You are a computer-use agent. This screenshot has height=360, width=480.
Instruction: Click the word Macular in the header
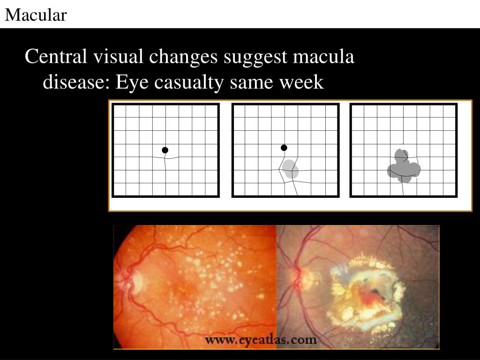36,15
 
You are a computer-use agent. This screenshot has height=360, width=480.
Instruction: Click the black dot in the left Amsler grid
165,150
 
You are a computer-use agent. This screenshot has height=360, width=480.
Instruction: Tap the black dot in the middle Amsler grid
284,148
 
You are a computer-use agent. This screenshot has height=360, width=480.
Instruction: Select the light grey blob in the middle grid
290,169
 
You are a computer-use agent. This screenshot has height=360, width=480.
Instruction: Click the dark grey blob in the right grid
404,168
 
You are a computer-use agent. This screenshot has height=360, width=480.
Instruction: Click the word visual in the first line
119,57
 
